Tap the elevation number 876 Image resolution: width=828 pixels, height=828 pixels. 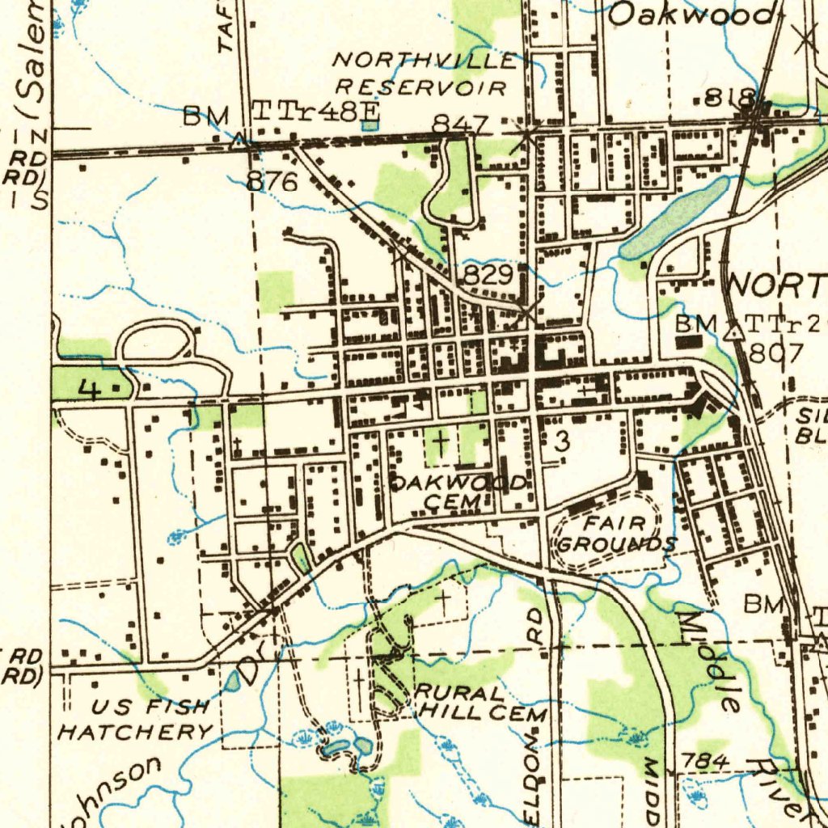(x=272, y=182)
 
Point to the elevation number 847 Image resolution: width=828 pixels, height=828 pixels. (x=460, y=125)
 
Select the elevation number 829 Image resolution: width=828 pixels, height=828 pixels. (x=488, y=276)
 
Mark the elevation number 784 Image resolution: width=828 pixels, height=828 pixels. (x=706, y=761)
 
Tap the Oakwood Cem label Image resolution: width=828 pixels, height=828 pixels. (x=458, y=492)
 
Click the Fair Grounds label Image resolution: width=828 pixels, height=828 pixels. (x=617, y=533)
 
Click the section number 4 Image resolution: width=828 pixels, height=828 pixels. (x=90, y=391)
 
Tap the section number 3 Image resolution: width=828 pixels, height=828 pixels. (x=562, y=441)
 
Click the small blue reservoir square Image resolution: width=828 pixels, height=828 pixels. (x=370, y=125)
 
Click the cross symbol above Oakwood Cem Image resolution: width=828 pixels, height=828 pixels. (x=440, y=442)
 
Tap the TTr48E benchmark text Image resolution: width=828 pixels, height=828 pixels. (x=305, y=112)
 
